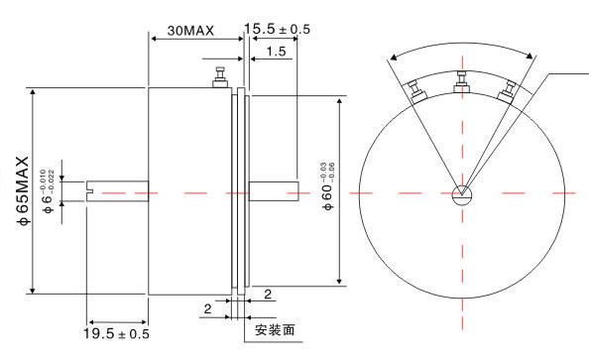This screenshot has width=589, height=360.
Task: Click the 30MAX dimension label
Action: [190, 31]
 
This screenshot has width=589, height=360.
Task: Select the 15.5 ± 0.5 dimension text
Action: [278, 29]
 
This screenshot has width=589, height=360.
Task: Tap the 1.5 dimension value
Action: [276, 52]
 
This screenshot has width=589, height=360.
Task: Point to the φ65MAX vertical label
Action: [23, 190]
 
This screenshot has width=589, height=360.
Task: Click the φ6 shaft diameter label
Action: [49, 191]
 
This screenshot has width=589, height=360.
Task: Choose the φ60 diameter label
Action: [327, 186]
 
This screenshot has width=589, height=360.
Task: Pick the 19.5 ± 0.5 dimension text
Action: [116, 333]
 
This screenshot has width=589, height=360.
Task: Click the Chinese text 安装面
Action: [275, 330]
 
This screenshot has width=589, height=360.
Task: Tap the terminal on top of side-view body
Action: [220, 77]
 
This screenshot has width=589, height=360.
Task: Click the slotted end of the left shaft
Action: [90, 190]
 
